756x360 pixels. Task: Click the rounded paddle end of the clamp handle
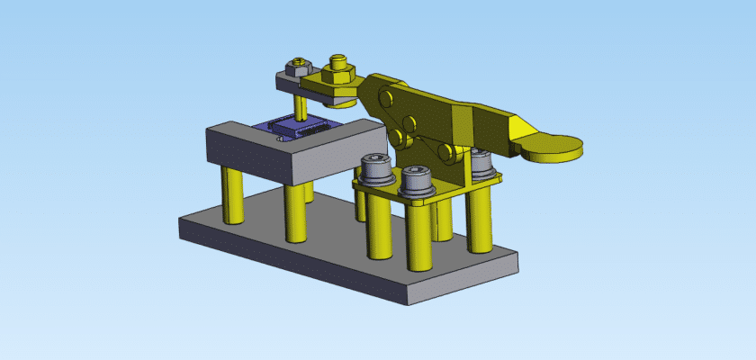coord(553,147)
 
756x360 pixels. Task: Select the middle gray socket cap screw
coord(418,180)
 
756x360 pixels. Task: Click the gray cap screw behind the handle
coord(482,164)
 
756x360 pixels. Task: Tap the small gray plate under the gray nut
coord(286,84)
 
